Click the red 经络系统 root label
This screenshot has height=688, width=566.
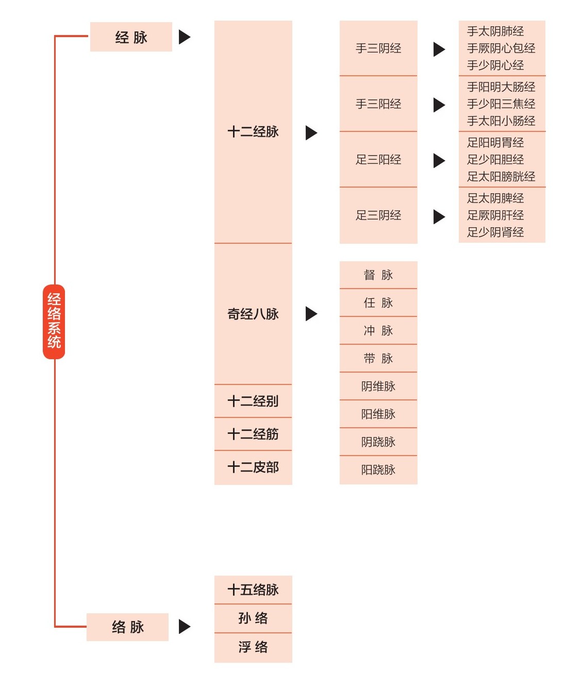54,321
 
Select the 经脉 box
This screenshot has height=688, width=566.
131,37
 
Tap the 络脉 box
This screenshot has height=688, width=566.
127,627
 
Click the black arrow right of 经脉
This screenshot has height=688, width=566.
185,37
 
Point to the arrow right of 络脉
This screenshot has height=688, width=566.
185,627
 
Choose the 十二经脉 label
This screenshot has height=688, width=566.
253,132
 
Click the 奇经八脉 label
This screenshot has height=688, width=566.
253,314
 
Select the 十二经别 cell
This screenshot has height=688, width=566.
253,401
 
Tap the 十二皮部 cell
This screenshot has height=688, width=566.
253,467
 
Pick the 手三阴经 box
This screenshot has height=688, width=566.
378,48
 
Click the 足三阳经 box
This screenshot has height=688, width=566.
378,160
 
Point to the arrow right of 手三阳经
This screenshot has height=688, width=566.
439,105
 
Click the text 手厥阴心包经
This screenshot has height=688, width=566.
501,48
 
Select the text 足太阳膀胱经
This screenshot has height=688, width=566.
501,177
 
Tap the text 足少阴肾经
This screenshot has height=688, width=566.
495,232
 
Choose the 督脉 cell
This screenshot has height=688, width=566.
378,275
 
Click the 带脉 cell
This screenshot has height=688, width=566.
378,359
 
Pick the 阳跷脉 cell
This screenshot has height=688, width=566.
378,470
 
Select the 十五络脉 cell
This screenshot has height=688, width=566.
253,590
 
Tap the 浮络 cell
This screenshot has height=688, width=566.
253,647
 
